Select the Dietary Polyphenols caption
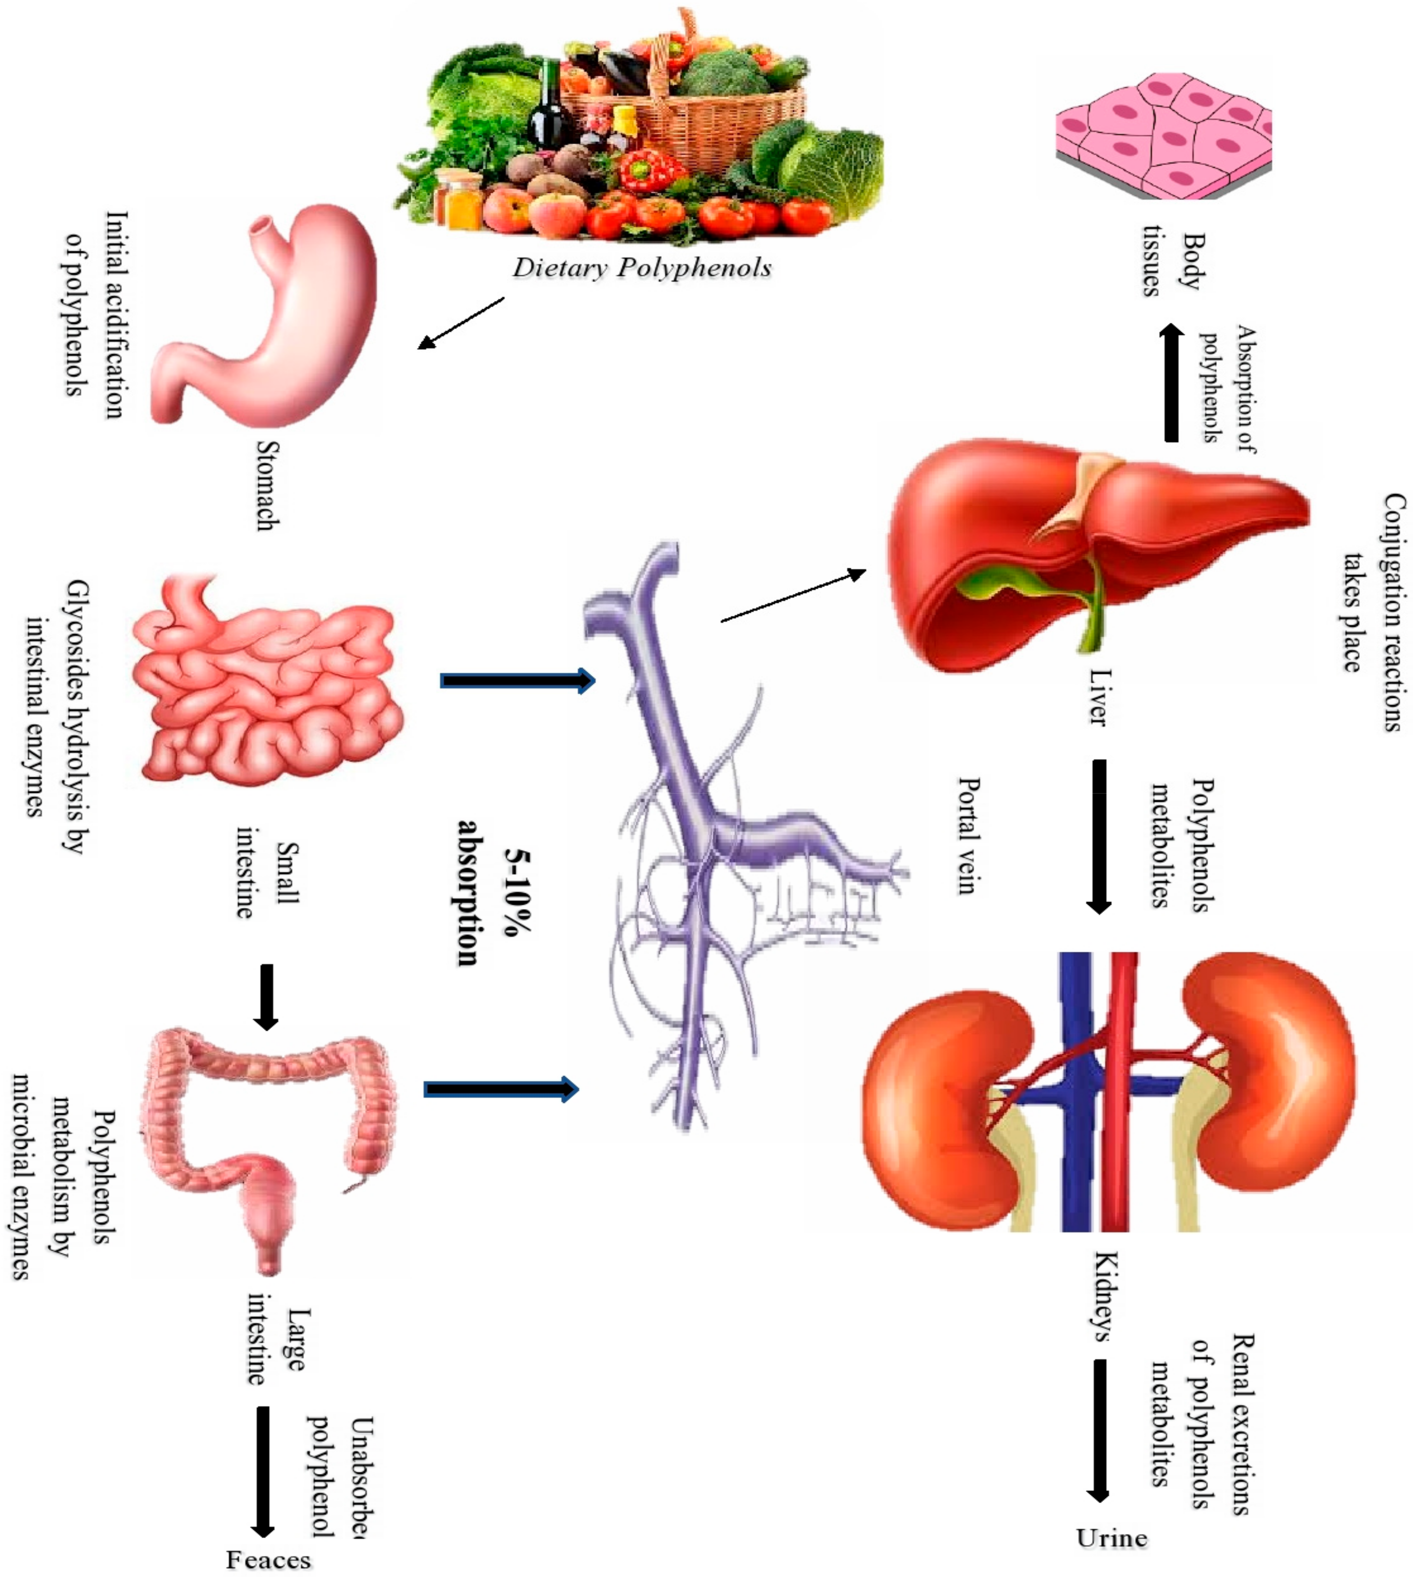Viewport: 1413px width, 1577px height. tap(641, 268)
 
